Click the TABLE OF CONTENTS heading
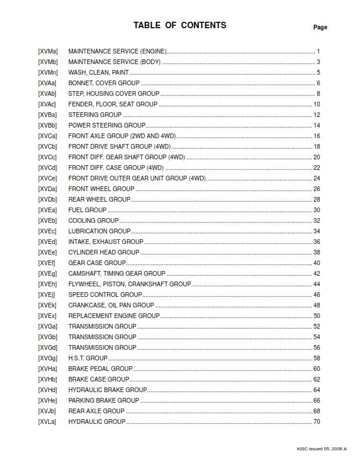(x=179, y=25)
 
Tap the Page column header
(x=320, y=27)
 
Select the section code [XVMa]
(x=48, y=51)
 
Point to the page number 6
(x=318, y=83)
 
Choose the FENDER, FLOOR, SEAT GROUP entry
(x=112, y=104)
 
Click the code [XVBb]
(x=48, y=125)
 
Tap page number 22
(x=316, y=168)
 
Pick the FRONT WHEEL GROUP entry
(x=101, y=189)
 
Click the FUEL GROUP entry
(x=87, y=210)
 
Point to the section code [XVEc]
(x=48, y=231)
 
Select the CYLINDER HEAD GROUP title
(x=104, y=252)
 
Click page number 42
(x=316, y=273)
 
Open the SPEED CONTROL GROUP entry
(x=105, y=295)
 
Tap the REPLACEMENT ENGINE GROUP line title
(x=114, y=316)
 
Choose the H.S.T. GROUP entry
(x=88, y=358)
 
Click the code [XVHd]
(x=48, y=390)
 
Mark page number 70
(x=316, y=421)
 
